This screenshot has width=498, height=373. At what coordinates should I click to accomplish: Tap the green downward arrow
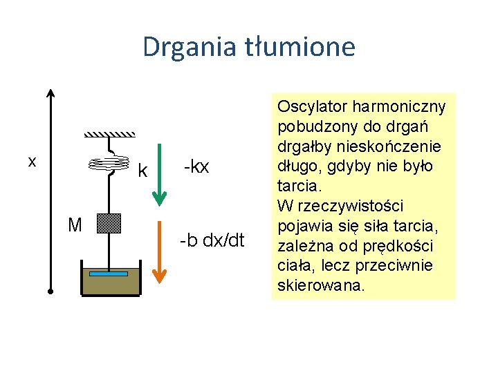click(x=159, y=175)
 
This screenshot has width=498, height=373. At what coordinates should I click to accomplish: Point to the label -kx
click(x=196, y=166)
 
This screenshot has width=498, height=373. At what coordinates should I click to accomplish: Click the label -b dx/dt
click(x=212, y=240)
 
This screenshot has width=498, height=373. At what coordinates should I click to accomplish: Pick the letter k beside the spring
click(x=143, y=170)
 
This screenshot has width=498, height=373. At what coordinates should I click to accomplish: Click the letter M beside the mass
click(x=76, y=224)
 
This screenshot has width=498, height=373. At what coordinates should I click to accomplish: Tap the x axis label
click(x=32, y=161)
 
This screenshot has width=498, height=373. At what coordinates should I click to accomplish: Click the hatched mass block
click(x=109, y=224)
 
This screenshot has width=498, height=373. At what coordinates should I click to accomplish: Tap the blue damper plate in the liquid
click(x=109, y=274)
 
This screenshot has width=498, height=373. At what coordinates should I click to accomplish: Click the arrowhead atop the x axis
click(x=50, y=94)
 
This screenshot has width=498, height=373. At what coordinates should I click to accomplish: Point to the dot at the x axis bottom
click(x=50, y=291)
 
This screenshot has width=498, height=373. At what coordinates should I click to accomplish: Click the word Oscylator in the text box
click(x=312, y=107)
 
